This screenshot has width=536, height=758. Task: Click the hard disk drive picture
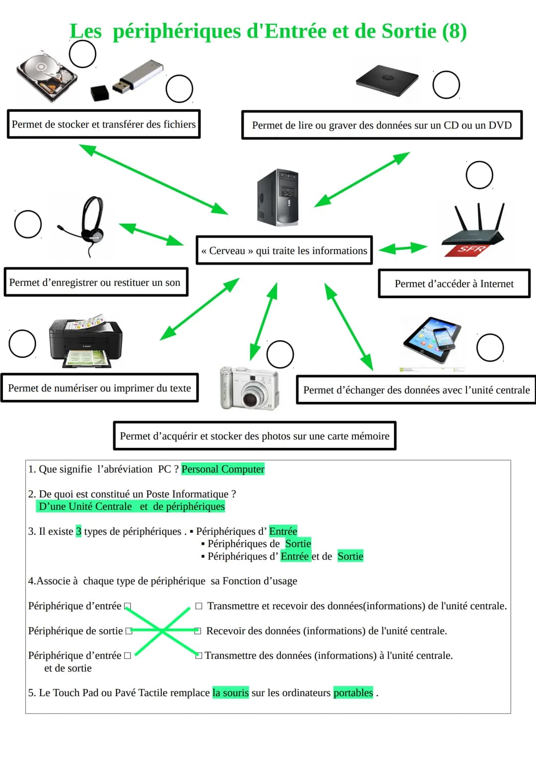(47, 75)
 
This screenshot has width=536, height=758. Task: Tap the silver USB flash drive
(139, 77)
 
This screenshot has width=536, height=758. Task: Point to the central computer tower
(278, 197)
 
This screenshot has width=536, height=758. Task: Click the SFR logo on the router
(469, 249)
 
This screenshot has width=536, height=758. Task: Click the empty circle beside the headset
(28, 224)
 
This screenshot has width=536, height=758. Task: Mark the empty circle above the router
(479, 175)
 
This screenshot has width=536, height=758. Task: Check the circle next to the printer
(22, 343)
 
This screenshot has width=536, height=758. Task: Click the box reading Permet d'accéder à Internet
(454, 284)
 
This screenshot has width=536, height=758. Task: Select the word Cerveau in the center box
(227, 251)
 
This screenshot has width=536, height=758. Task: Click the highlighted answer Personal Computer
(223, 469)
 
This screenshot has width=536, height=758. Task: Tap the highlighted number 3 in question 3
(78, 531)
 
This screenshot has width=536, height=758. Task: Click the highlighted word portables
(353, 693)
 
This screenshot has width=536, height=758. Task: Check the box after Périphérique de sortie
(129, 631)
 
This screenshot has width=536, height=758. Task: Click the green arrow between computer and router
(403, 248)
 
